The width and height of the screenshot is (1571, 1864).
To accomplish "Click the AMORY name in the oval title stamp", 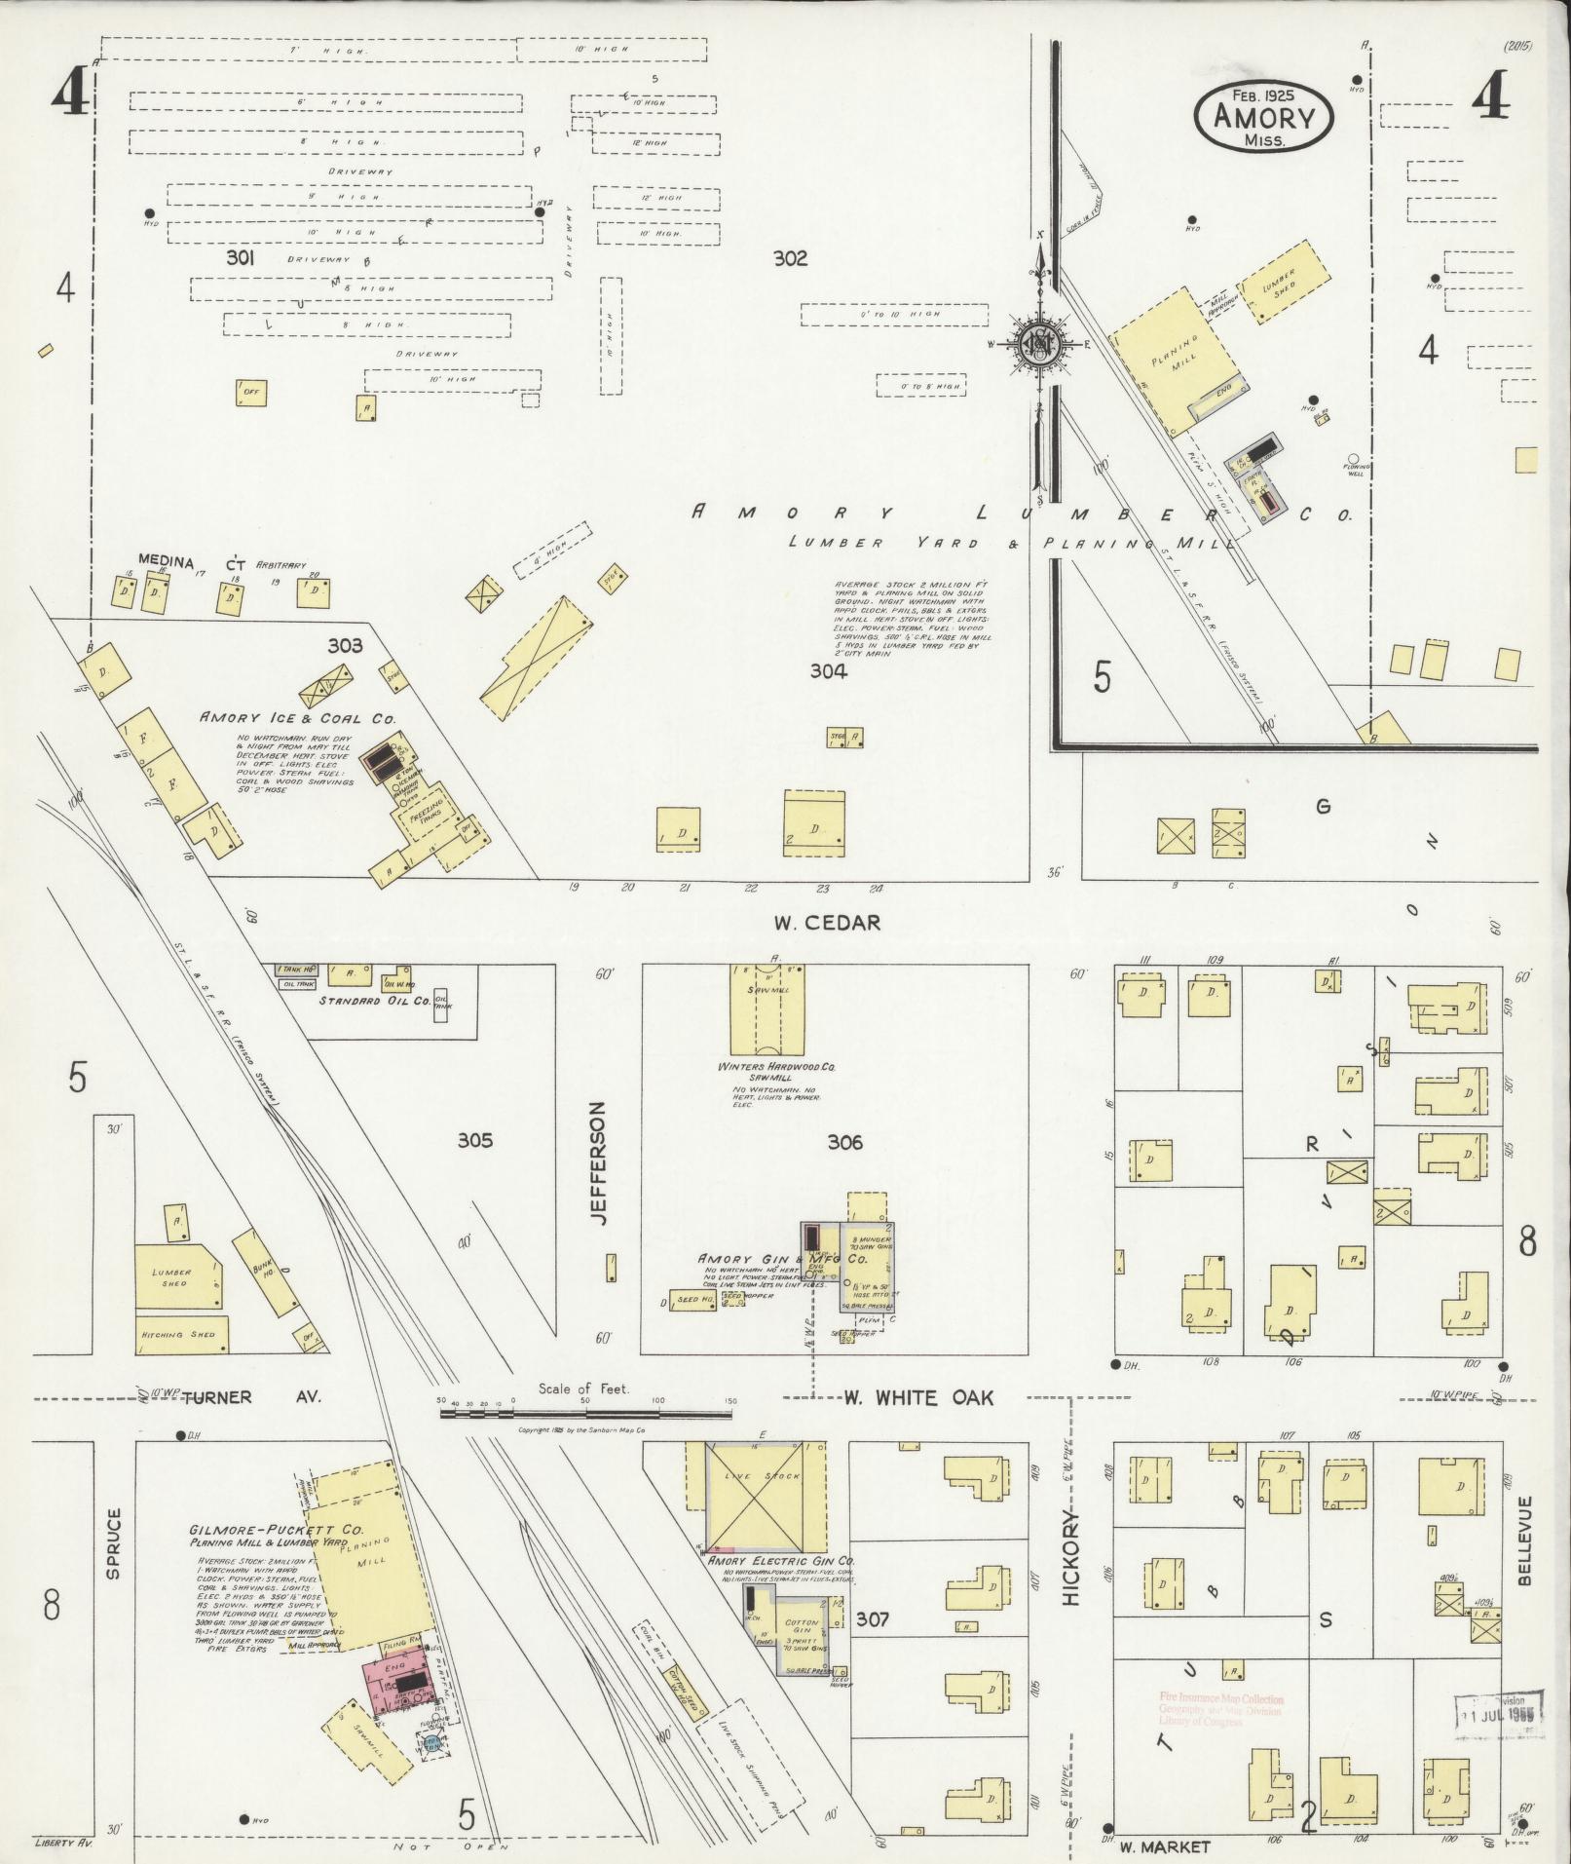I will click(x=1264, y=118).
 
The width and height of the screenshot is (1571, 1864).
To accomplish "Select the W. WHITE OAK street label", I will click(x=917, y=1398).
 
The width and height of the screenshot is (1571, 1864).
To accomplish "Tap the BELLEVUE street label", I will click(x=1525, y=1554).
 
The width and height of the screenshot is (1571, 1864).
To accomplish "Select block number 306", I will click(x=844, y=1142).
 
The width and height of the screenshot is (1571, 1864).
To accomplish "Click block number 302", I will click(x=790, y=258).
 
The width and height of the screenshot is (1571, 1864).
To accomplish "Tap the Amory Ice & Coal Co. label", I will click(x=297, y=718).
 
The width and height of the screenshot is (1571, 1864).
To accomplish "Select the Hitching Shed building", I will click(x=182, y=1335).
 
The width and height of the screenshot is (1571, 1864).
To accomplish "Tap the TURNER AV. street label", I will click(x=238, y=1397).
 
